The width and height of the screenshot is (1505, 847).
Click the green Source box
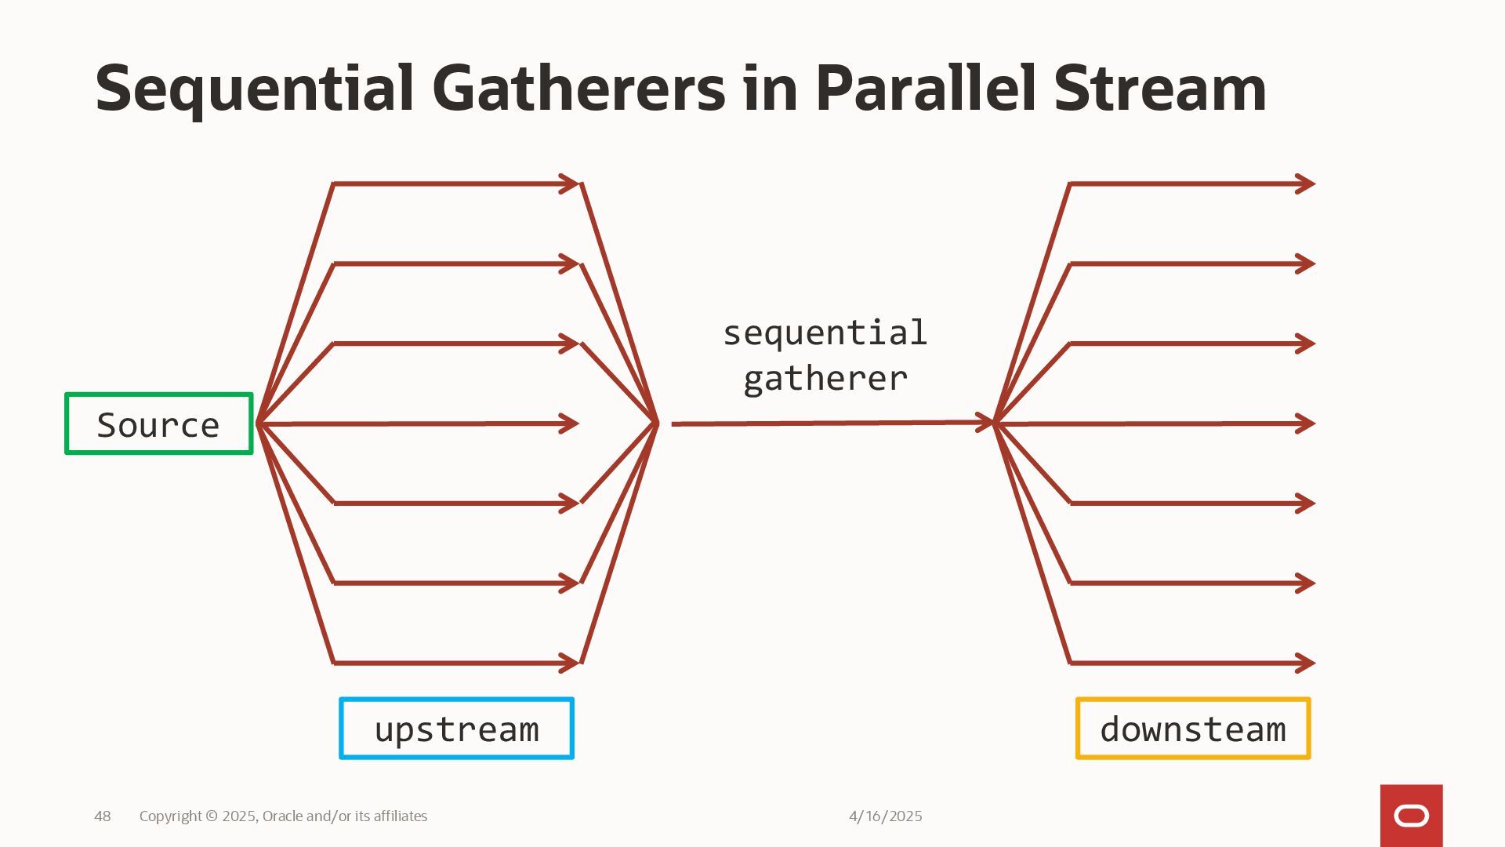159,424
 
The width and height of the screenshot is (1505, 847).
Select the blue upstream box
456,729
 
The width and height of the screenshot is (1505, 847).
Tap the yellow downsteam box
1192,729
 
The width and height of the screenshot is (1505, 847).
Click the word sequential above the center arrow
825,334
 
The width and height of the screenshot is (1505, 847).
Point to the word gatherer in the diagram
825,379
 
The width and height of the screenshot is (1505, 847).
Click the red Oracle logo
1411,816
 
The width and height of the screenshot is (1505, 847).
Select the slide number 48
103,816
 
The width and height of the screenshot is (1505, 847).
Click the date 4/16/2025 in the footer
885,816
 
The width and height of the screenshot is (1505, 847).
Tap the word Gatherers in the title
578,88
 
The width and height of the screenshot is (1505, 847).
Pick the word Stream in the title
1159,88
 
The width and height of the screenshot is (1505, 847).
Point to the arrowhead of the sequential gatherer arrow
986,423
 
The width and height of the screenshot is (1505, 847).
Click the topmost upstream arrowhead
571,184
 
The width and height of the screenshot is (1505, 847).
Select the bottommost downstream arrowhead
1307,663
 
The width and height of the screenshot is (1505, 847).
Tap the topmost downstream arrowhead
1307,184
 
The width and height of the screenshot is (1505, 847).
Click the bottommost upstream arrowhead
571,663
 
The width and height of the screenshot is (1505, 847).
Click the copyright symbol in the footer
212,816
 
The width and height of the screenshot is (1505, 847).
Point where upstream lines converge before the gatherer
656,423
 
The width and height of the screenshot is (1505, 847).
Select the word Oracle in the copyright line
282,816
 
